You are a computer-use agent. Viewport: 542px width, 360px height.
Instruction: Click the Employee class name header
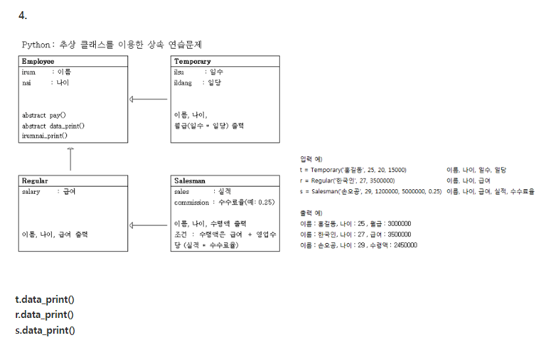38,61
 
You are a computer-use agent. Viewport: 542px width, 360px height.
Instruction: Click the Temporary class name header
192,61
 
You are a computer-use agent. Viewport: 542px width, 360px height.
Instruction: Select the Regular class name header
35,180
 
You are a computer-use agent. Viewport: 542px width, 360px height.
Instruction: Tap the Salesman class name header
190,180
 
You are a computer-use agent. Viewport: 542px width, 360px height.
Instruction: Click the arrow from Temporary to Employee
149,99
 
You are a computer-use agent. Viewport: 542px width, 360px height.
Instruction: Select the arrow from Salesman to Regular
149,225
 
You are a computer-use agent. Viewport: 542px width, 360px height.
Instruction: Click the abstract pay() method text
44,115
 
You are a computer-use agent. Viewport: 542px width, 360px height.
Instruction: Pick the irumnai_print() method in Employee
45,135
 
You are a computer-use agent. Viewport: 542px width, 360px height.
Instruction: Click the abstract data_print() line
53,125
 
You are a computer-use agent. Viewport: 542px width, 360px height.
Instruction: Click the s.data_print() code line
45,330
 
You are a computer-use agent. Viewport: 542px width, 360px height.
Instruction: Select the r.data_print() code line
44,315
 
